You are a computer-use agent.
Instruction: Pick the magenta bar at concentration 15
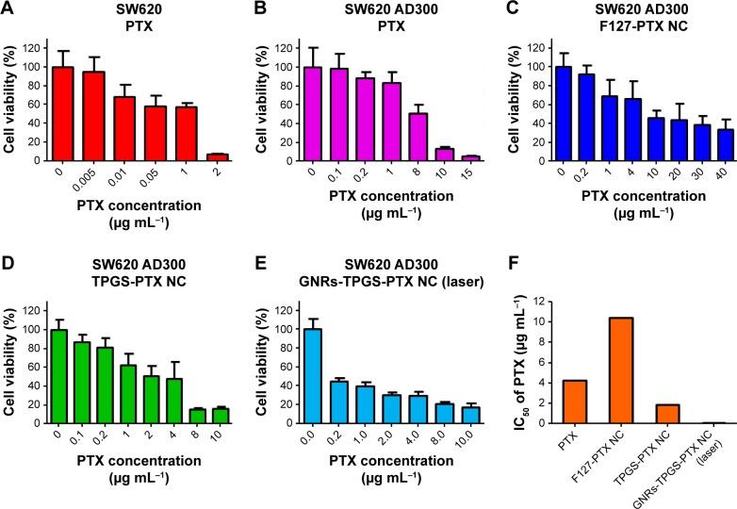[445, 157]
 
